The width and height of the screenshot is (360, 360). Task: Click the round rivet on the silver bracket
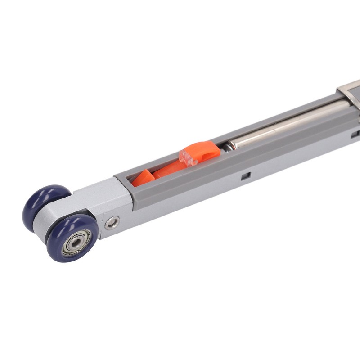tap(112, 222)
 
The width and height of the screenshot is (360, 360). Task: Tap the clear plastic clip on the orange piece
tap(188, 156)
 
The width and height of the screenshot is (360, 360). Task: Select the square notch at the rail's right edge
tap(355, 134)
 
